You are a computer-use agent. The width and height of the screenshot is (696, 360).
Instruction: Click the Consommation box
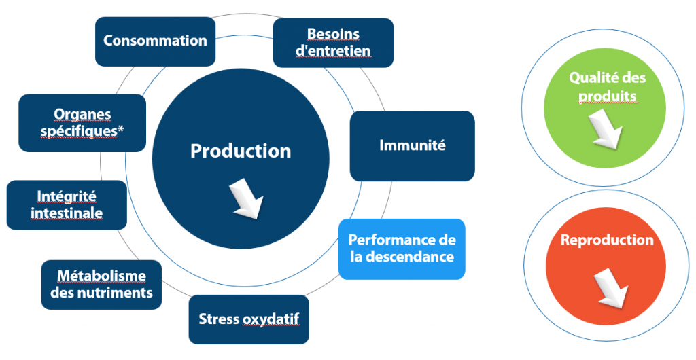[156, 41]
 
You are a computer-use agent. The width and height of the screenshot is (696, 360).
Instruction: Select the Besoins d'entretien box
[333, 43]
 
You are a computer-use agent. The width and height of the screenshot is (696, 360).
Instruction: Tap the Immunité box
[413, 146]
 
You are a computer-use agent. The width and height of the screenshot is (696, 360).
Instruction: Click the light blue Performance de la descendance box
[402, 249]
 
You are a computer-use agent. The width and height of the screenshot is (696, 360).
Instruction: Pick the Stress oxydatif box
[249, 319]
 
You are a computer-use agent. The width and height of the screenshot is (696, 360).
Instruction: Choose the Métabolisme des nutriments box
[101, 285]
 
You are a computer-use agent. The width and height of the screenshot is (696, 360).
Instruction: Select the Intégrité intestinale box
[67, 205]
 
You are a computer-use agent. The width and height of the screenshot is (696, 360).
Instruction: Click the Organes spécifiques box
[82, 123]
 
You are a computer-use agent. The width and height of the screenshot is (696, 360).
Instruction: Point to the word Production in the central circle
[241, 151]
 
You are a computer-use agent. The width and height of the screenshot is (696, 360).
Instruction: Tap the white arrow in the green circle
[606, 129]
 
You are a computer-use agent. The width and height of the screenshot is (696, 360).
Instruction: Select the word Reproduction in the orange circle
[607, 240]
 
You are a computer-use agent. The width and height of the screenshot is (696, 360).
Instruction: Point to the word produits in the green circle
[607, 96]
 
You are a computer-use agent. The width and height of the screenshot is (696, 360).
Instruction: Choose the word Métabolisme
[101, 276]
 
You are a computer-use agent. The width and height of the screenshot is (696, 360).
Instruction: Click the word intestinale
[67, 213]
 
